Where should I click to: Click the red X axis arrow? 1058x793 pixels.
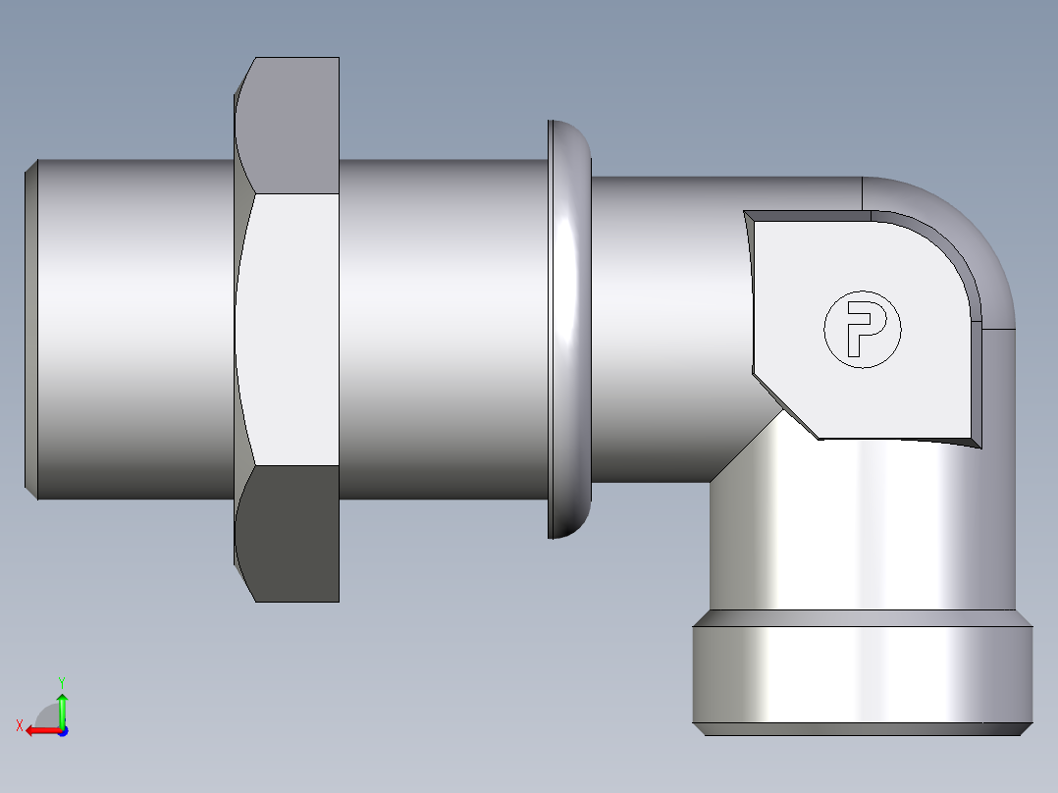pos(41,730)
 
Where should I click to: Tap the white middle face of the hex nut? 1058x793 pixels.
pos(288,329)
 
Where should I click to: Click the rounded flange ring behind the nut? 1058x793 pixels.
pos(570,329)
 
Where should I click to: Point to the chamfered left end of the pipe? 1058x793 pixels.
pos(30,329)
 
